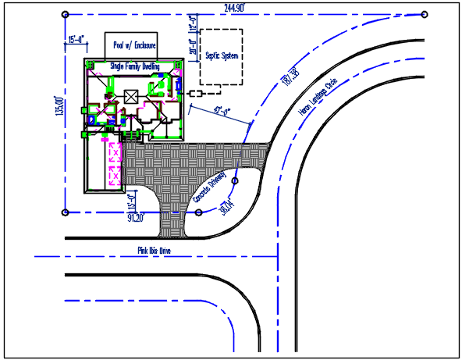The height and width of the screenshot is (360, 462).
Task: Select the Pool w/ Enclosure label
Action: click(131, 45)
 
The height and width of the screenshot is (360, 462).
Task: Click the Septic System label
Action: click(220, 57)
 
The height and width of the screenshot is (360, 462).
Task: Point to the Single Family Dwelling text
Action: click(135, 67)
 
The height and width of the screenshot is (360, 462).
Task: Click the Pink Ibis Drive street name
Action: click(154, 251)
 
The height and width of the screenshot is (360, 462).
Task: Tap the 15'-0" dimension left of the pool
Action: click(76, 38)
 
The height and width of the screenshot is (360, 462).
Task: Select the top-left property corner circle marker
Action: click(65, 14)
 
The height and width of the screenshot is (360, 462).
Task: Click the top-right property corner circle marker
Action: click(424, 14)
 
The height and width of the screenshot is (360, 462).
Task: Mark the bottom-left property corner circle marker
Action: click(65, 212)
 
